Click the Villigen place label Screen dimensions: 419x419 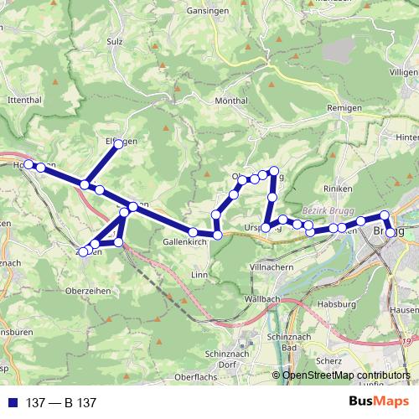tap(403, 73)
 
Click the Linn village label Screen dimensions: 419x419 tap(199, 274)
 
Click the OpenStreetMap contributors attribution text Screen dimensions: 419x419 tap(346, 376)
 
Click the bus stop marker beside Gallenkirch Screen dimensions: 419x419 tap(193, 232)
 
